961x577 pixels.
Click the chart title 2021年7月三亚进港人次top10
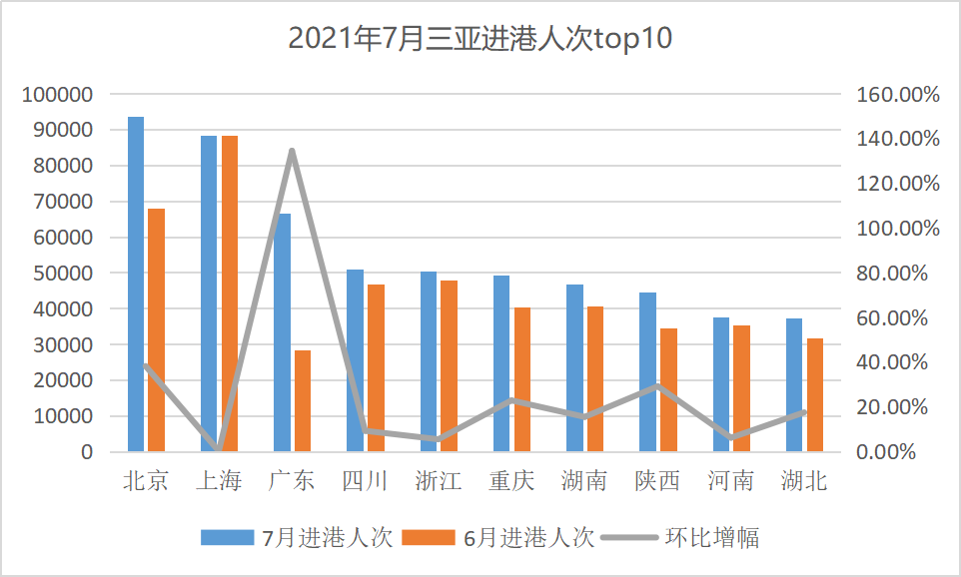click(x=480, y=38)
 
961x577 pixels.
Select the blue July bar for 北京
click(x=136, y=285)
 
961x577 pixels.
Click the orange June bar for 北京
click(x=156, y=329)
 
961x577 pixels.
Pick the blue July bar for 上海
click(x=209, y=293)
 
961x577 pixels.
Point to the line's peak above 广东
click(x=292, y=151)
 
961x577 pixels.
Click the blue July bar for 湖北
click(x=794, y=385)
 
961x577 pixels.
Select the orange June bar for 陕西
click(x=668, y=390)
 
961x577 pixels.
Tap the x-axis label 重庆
click(x=510, y=481)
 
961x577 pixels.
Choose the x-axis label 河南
click(x=730, y=481)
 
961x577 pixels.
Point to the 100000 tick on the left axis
click(x=58, y=95)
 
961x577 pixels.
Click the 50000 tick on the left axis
click(x=63, y=274)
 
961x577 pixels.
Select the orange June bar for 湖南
click(x=595, y=379)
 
